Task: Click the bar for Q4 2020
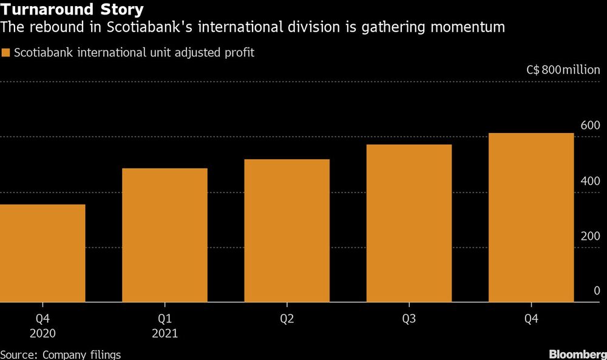[x=42, y=253]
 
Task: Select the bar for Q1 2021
[x=164, y=235]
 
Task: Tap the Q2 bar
[x=287, y=231]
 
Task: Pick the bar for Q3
[x=409, y=223]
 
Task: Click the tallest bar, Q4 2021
[x=531, y=217]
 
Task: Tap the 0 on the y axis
[x=597, y=291]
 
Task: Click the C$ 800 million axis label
[x=563, y=70]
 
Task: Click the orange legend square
[x=5, y=53]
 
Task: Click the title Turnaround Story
[x=72, y=10]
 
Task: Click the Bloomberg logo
[x=576, y=353]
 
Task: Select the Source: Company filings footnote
[x=61, y=354]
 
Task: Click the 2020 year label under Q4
[x=42, y=333]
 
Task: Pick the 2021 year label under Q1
[x=164, y=333]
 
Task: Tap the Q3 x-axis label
[x=409, y=318]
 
